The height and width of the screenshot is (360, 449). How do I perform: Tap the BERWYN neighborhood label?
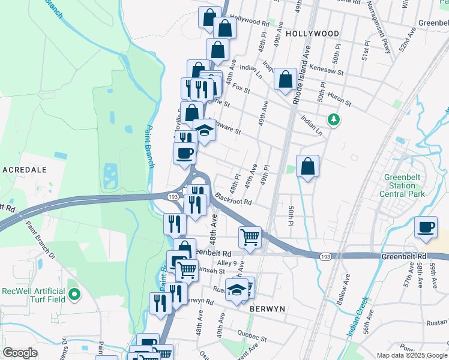[267, 308]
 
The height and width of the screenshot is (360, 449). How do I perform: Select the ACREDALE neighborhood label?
[25, 170]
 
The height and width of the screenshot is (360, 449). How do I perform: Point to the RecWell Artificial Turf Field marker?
[74, 294]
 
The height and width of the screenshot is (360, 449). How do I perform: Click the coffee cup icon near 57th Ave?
[426, 227]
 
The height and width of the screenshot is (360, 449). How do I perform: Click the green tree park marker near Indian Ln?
[332, 119]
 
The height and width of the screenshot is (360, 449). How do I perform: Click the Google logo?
[20, 353]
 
